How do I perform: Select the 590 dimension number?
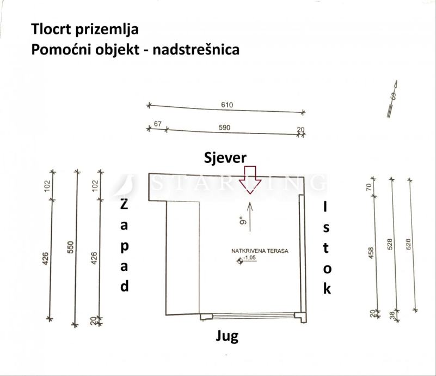[x=224, y=128]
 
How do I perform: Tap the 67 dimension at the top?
[x=157, y=125]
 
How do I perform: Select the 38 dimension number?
[x=392, y=314]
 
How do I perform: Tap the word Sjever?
[x=225, y=157]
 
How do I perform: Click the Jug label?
[x=227, y=336]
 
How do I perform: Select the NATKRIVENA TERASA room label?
[x=259, y=252]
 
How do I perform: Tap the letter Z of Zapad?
[x=124, y=206]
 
